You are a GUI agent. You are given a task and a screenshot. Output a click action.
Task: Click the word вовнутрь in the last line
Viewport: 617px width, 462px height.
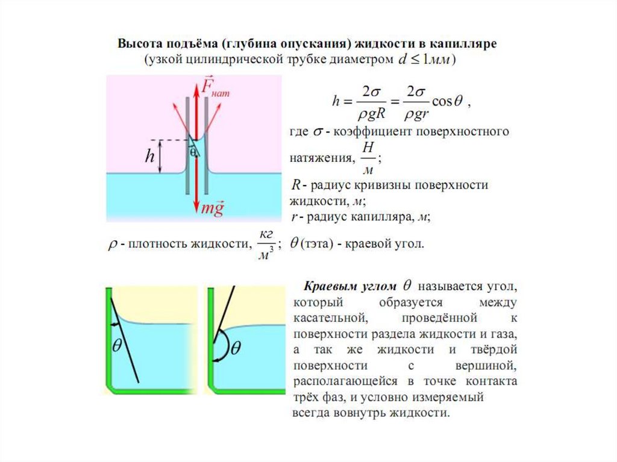tap(359, 413)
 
